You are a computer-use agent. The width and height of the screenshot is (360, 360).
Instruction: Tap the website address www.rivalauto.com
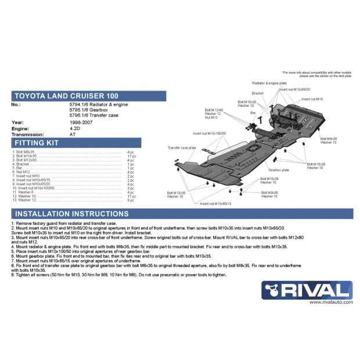[x=329, y=302]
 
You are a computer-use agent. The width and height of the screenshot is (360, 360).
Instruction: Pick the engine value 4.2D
[x=75, y=128]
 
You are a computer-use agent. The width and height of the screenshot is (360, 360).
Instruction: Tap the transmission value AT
[x=73, y=134]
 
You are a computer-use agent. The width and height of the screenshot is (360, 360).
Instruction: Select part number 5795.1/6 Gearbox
[x=88, y=110]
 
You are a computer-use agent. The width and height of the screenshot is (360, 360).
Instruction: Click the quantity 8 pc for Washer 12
[x=131, y=200]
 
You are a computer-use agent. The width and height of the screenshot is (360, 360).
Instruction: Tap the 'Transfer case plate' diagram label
[x=182, y=148]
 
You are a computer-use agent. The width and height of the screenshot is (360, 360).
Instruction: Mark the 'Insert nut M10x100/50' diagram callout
[x=209, y=133]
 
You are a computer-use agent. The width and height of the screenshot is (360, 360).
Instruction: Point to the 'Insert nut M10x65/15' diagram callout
[x=215, y=204]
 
